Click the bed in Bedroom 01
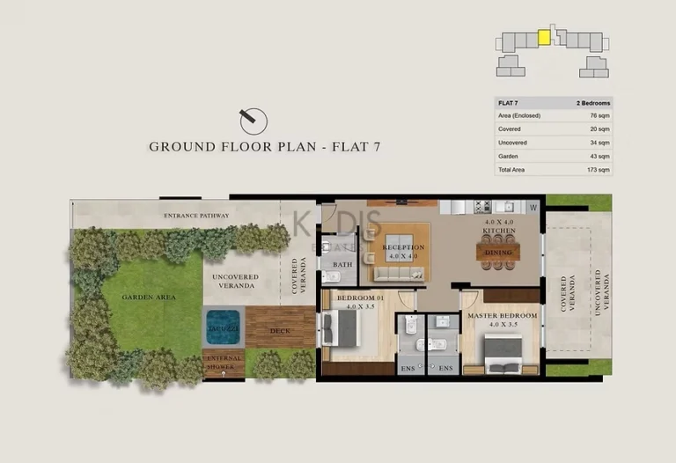(x=338, y=329)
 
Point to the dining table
(x=498, y=252)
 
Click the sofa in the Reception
(x=393, y=274)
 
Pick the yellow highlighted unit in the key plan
(x=544, y=38)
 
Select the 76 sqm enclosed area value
(x=599, y=116)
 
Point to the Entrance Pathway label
(x=196, y=216)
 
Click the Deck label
(x=280, y=331)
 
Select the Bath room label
(x=342, y=263)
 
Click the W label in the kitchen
(x=533, y=208)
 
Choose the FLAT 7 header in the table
(x=508, y=103)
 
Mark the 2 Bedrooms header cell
(x=592, y=103)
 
